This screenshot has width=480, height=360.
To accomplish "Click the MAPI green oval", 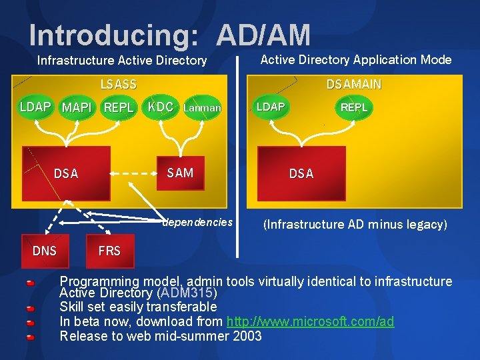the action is pos(77,108).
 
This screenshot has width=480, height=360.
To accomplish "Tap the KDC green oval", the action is pos(160,107).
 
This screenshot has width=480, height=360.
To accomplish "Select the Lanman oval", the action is pos(201,107).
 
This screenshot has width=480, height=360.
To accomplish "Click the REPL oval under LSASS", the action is pos(119,108).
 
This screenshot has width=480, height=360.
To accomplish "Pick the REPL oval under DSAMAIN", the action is pos(353,107).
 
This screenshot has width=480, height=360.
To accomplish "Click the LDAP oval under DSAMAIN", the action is pos(271,107).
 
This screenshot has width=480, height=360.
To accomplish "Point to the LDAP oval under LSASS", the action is pos(35,107).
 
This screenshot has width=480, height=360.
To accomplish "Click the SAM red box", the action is pos(180,174).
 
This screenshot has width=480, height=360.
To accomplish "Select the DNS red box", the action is pos(45,251).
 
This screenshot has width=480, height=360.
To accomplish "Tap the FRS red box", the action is pos(109,251).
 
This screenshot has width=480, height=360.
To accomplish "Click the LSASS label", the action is pos(118,85).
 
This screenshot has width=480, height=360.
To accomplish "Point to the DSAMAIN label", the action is pos(353,85).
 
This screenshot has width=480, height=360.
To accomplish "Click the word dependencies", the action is pos(199,222).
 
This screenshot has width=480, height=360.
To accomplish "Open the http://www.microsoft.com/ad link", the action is pos(310,322).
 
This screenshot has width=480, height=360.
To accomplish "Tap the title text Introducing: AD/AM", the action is pos(169,35).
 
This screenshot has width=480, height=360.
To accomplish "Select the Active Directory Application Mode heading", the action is pos(355,60).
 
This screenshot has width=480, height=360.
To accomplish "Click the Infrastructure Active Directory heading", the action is pos(122,61).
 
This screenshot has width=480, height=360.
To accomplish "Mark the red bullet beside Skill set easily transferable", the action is pos(30,309).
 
